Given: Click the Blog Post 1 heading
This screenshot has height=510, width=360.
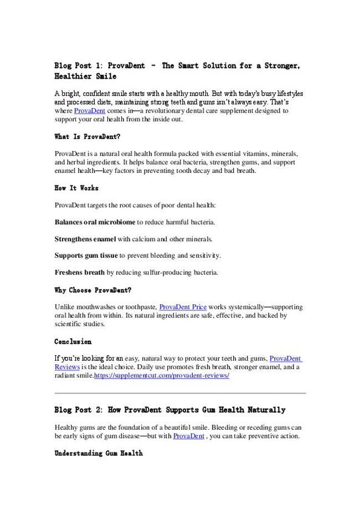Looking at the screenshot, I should pos(177,70).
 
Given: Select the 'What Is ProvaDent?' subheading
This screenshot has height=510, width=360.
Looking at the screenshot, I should pos(88,136).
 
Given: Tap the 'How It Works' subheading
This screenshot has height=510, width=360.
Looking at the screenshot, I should pos(76,188).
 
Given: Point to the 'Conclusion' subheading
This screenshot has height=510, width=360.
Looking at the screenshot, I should pos(73,341).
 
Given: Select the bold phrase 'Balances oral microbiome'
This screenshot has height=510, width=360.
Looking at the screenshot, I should pos(95,222).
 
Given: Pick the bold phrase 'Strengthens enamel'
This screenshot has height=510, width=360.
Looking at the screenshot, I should pos(85,239).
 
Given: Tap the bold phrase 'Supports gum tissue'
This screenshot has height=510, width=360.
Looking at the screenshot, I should pos(86,256).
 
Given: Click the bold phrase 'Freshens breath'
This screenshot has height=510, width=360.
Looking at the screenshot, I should pos(79,272).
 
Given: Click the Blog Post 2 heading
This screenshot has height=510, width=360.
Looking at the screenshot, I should pos(170,410).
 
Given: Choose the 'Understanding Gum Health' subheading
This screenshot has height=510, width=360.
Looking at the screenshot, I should pos(99,453).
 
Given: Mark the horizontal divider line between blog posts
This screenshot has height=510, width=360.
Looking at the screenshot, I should pos(180,393).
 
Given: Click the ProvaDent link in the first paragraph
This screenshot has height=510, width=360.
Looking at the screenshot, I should pos(90,111).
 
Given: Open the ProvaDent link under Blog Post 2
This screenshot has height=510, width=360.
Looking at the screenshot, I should pos(189,436).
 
